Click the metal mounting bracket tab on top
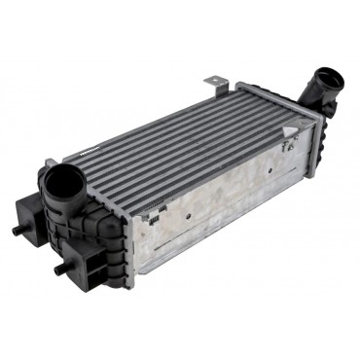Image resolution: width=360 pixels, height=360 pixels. coord(213,84)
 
